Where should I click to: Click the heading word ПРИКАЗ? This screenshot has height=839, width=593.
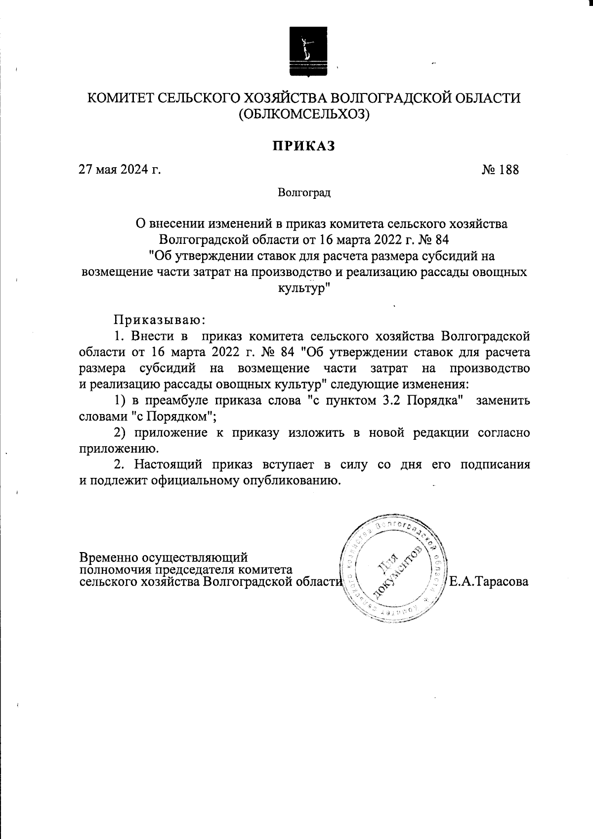[303, 146]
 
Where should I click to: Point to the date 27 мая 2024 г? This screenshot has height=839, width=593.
[120, 170]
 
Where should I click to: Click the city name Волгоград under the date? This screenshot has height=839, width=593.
[303, 192]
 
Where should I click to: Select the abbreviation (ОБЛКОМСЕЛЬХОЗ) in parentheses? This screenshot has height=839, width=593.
[303, 115]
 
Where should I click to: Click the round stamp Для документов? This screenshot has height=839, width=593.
[395, 569]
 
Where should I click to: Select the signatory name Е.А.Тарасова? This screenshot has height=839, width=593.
[489, 582]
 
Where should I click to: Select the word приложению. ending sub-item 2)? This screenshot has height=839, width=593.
[119, 449]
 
